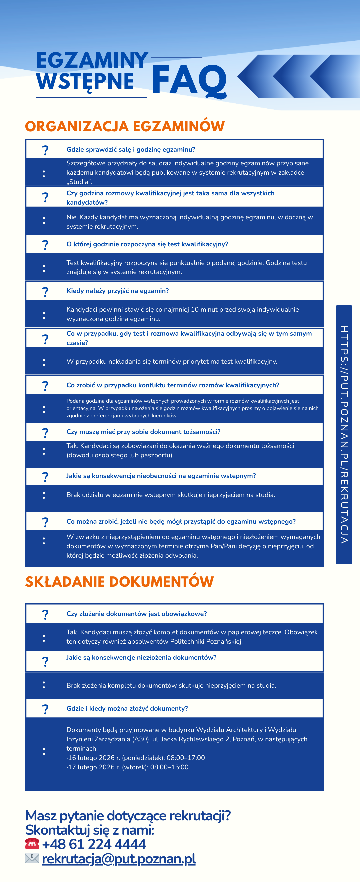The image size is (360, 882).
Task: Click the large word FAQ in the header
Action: [x=189, y=80]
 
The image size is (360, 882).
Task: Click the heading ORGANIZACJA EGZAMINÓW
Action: [x=125, y=126]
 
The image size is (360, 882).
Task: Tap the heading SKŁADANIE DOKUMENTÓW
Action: [x=119, y=582]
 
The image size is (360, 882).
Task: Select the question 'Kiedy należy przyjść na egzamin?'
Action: [x=117, y=291]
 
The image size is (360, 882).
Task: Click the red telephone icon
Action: [x=32, y=844]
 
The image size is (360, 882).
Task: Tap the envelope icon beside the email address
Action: [x=32, y=858]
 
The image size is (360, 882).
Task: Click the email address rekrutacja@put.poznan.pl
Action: [x=119, y=859]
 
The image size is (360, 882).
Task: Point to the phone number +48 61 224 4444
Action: [x=94, y=844]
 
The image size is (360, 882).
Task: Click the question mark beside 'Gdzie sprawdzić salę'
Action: [x=45, y=150]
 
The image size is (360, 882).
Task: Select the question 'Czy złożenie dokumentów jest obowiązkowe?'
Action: [x=137, y=614]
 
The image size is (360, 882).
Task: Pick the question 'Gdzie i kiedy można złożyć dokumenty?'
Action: [x=127, y=708]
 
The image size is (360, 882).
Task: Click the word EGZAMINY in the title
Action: [x=92, y=60]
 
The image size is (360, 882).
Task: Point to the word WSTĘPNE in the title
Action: [x=85, y=81]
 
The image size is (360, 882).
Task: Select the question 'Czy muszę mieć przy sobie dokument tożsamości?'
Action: [x=143, y=432]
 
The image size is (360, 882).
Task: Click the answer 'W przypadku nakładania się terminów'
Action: [x=172, y=361]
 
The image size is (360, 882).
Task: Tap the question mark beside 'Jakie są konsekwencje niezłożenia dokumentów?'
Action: [x=45, y=661]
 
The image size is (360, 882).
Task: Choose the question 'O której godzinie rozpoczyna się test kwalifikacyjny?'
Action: [x=147, y=244]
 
